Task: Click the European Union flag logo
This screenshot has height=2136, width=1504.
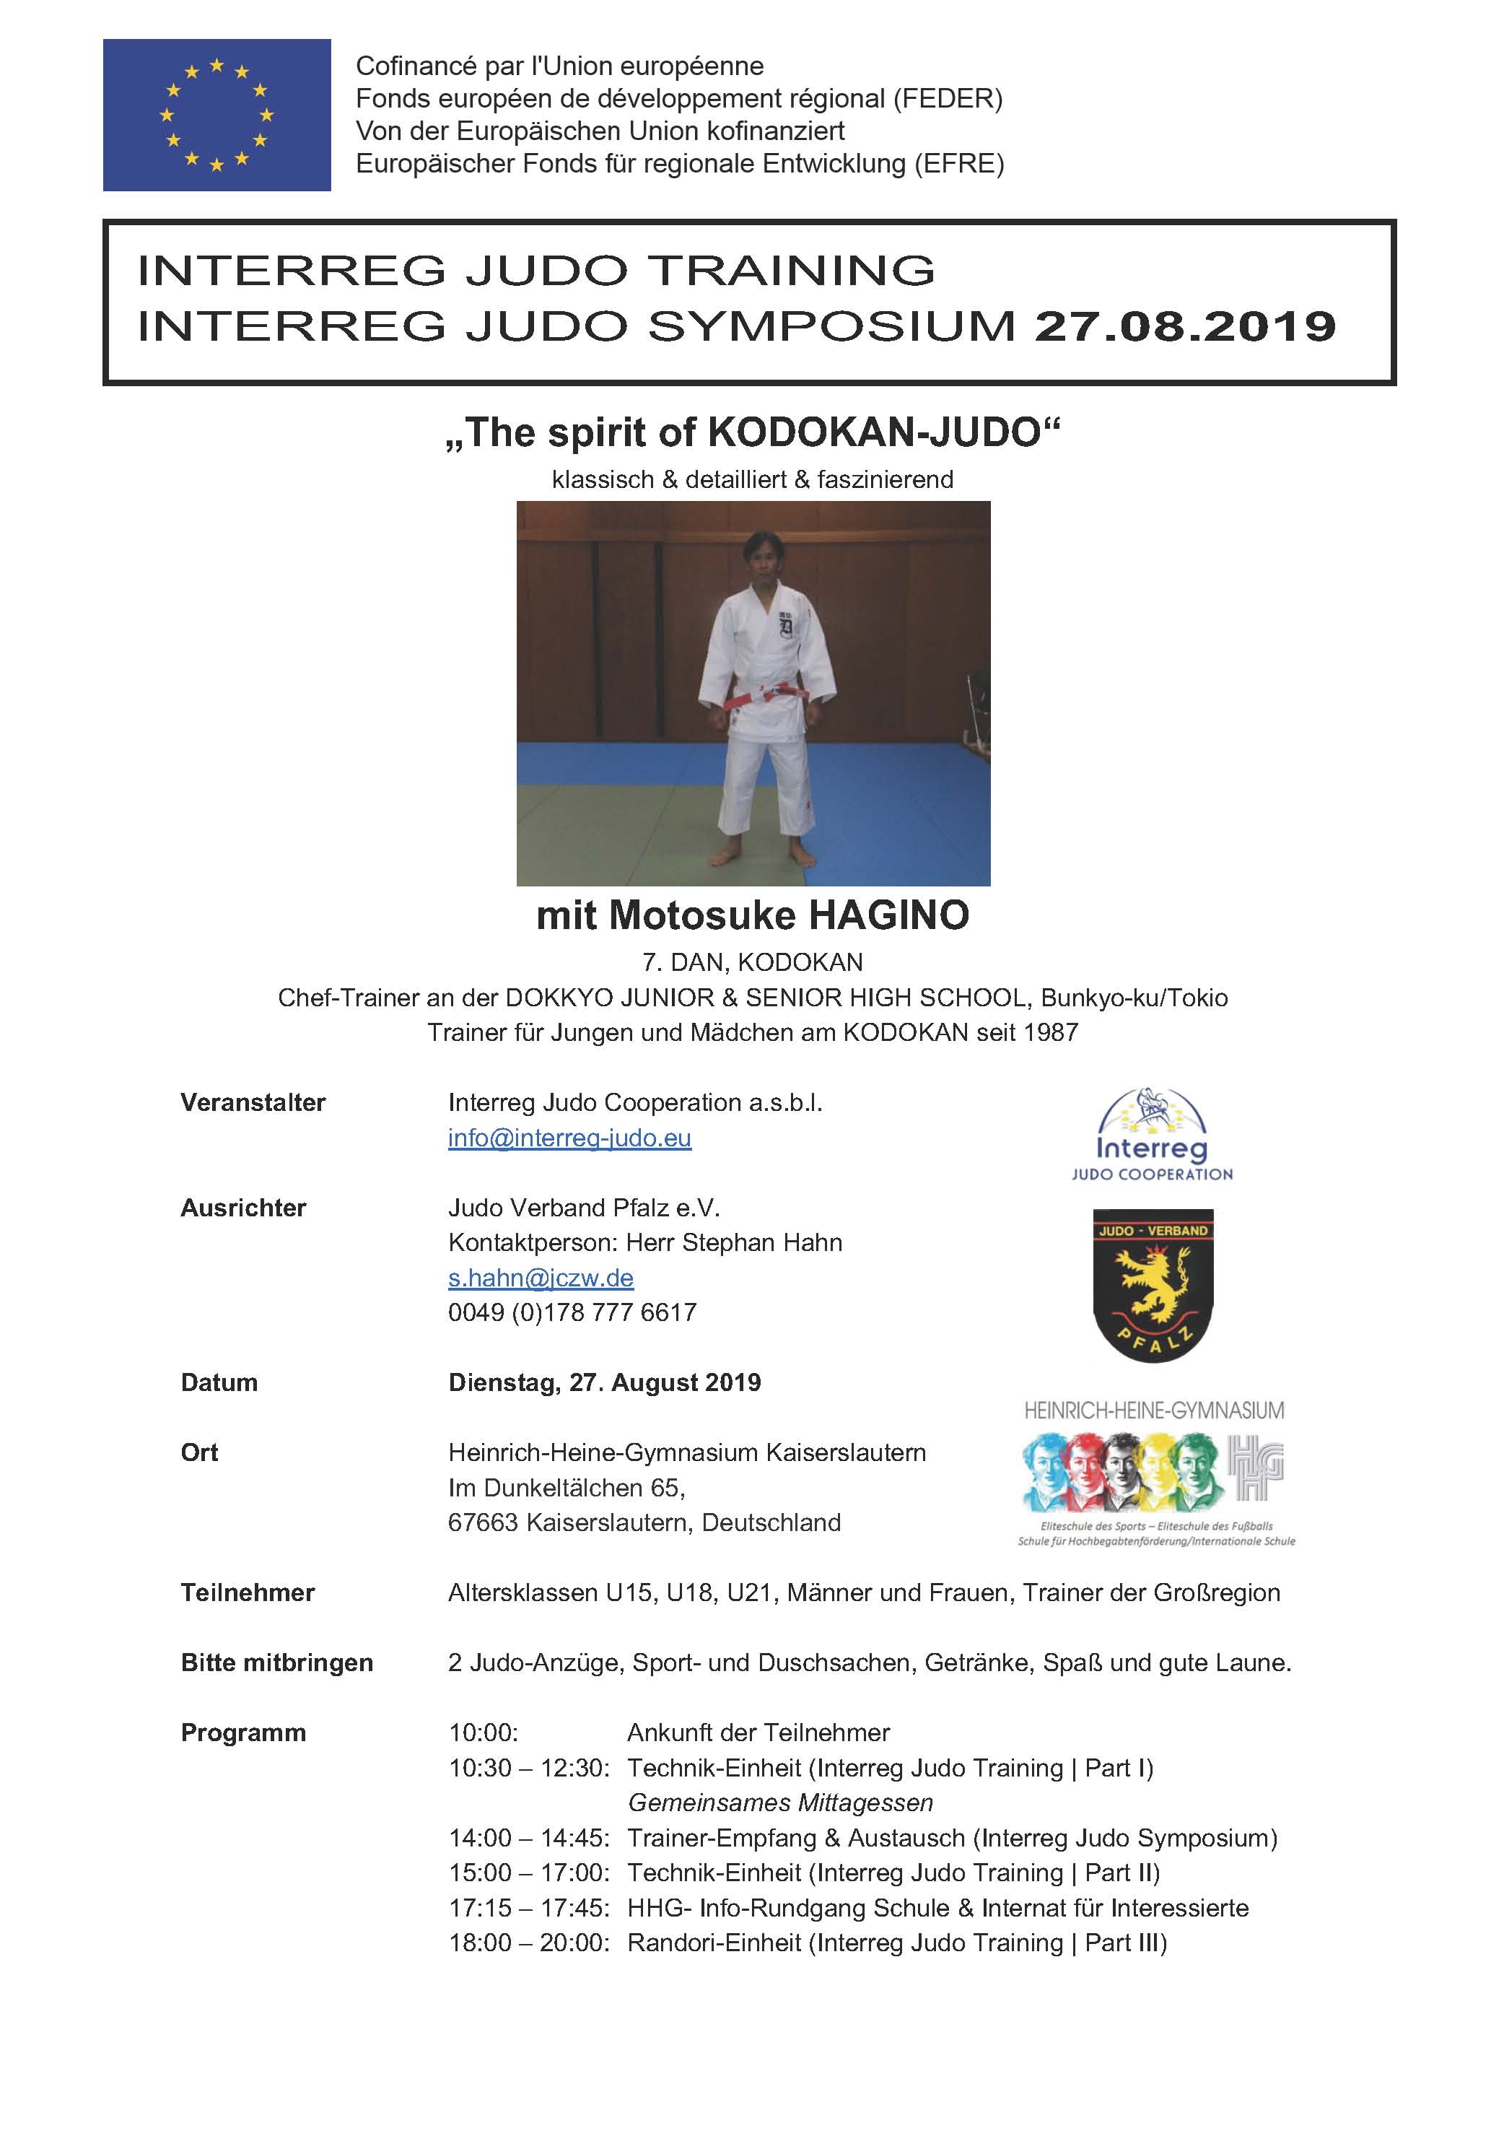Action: pos(217,115)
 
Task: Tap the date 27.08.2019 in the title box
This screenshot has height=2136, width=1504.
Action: pos(1184,326)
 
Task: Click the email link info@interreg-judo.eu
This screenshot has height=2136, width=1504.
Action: pos(569,1138)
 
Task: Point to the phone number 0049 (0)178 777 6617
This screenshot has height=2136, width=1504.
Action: pos(572,1312)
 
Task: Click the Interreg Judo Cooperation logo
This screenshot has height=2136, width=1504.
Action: pos(1152,1136)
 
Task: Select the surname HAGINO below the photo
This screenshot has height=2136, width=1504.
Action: pos(888,915)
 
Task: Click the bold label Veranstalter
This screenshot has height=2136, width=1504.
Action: pos(253,1102)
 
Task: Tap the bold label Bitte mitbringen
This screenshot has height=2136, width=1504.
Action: pos(276,1662)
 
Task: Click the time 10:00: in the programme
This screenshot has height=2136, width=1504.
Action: pos(484,1732)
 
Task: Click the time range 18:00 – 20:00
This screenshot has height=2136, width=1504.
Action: pos(528,1943)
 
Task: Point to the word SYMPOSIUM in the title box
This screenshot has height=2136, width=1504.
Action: pos(831,326)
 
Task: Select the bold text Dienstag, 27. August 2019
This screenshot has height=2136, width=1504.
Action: pos(605,1382)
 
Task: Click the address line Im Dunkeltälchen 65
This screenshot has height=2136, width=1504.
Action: pos(567,1488)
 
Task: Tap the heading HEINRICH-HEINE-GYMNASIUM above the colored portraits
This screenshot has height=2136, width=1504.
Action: pos(1153,1411)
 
